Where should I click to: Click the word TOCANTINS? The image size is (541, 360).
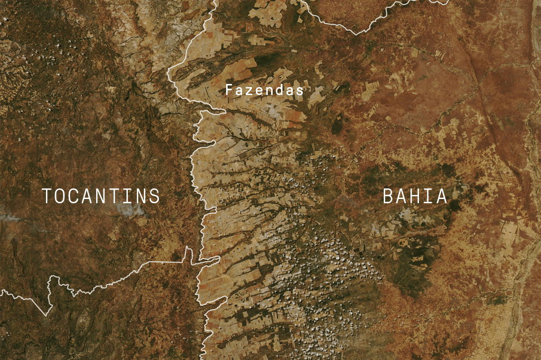101,196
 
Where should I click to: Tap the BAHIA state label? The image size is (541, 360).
415,196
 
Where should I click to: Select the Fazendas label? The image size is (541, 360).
265,90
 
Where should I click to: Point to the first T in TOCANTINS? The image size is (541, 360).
48,196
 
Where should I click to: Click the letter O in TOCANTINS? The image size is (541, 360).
61,196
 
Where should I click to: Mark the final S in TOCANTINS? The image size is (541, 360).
154,196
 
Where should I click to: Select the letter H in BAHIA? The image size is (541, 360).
415,196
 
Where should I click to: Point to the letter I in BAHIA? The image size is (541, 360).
428,196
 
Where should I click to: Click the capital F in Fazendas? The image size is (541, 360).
229,90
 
